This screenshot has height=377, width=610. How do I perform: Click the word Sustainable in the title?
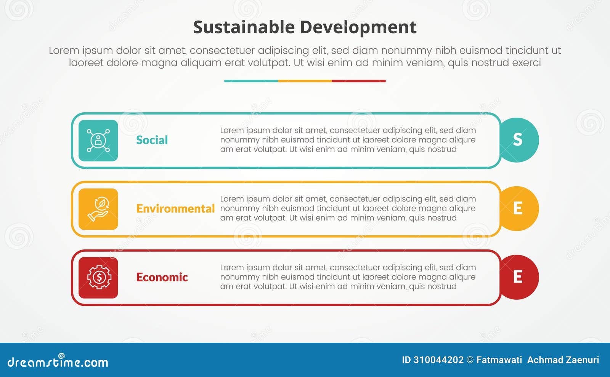(x=244, y=27)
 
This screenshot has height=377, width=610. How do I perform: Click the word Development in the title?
(x=358, y=27)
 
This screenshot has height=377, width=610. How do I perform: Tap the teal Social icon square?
(x=98, y=141)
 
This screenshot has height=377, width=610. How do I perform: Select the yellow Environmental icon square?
(x=98, y=209)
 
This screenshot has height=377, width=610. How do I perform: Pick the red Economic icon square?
(x=98, y=278)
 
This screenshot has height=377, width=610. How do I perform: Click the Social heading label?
(x=152, y=140)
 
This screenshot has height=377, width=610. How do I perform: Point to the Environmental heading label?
(x=175, y=209)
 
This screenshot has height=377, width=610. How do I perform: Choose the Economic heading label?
(x=162, y=277)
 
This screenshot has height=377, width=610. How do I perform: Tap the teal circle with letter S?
(x=518, y=140)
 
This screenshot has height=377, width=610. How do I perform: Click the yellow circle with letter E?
(x=518, y=208)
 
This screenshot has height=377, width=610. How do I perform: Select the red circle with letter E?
(x=518, y=277)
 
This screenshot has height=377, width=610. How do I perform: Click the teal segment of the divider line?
(x=251, y=81)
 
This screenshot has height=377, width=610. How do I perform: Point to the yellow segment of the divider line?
(x=305, y=81)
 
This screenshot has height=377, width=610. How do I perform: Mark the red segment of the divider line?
(x=358, y=81)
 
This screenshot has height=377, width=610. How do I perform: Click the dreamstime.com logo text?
(x=58, y=362)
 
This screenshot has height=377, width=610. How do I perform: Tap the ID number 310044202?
(x=438, y=360)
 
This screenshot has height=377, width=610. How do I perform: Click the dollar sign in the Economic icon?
(x=99, y=277)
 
